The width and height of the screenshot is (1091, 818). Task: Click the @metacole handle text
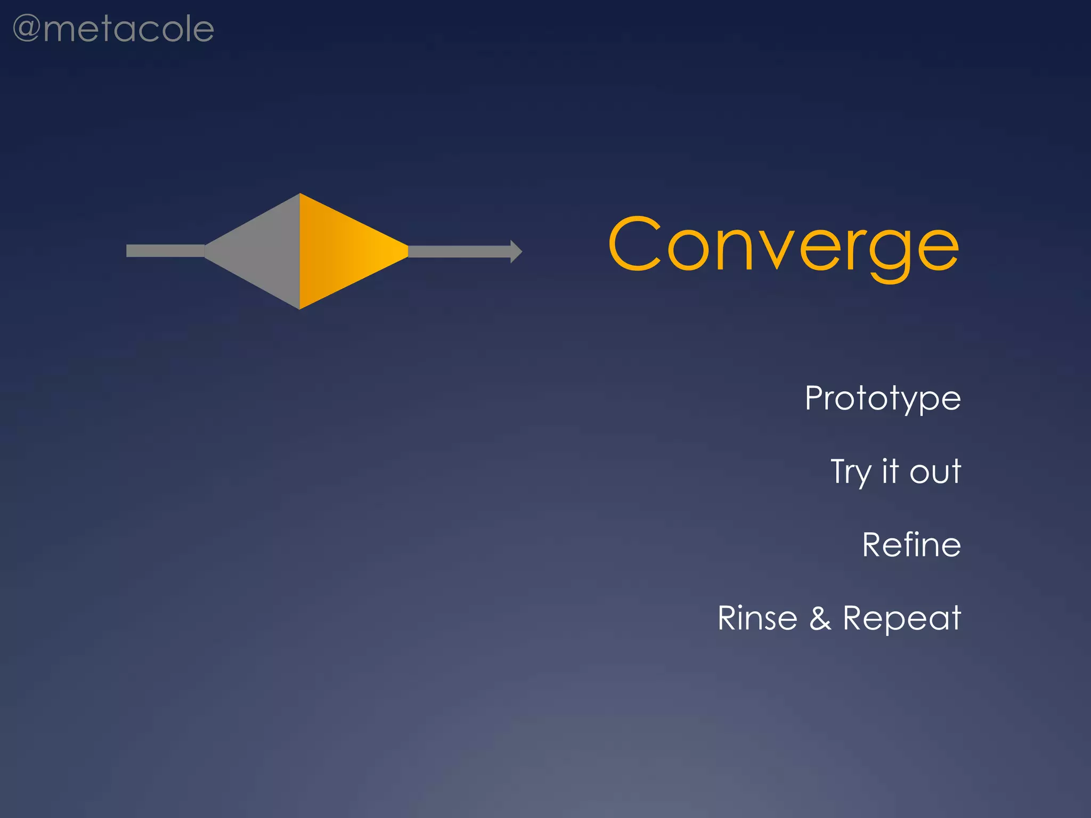tap(113, 29)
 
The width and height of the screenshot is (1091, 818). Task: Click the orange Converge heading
tap(783, 245)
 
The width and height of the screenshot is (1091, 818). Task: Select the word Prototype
tap(883, 398)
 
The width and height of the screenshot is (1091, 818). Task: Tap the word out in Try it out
tap(935, 472)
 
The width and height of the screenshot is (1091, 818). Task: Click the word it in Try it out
tap(890, 471)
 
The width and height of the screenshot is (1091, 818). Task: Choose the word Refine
tap(911, 545)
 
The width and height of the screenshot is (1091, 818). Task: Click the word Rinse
tap(757, 618)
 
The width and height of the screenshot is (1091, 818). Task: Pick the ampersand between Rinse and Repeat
tap(820, 618)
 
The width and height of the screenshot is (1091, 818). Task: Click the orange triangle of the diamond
tap(341, 251)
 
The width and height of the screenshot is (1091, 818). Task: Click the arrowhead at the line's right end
tap(516, 251)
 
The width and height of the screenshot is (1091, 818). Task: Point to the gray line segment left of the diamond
tap(165, 251)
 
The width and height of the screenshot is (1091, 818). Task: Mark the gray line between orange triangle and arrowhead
tap(458, 251)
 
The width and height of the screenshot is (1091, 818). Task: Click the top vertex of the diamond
tap(300, 195)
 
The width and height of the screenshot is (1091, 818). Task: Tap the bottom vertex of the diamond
tap(300, 308)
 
